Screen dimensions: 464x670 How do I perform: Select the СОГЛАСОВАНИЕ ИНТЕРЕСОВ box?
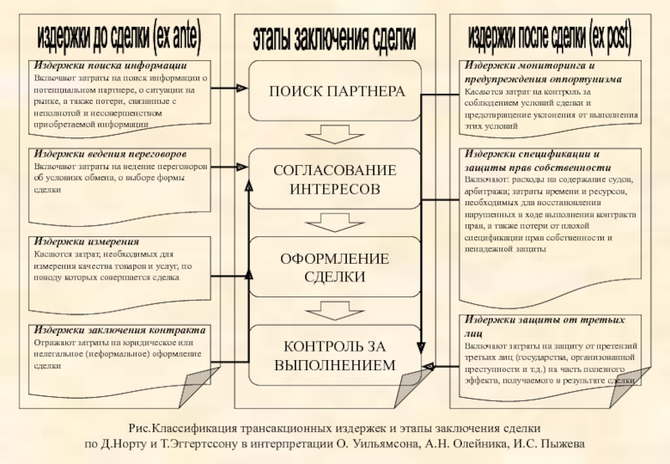point(334,180)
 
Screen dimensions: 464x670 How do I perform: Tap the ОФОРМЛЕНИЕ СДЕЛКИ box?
point(334,267)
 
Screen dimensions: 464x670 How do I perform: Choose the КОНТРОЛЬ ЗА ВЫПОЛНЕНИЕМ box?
point(334,355)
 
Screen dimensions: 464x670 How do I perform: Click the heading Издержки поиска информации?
point(110,65)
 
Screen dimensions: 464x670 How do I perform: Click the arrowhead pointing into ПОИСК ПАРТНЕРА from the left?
point(242,87)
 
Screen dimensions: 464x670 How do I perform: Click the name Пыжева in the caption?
point(564,444)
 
